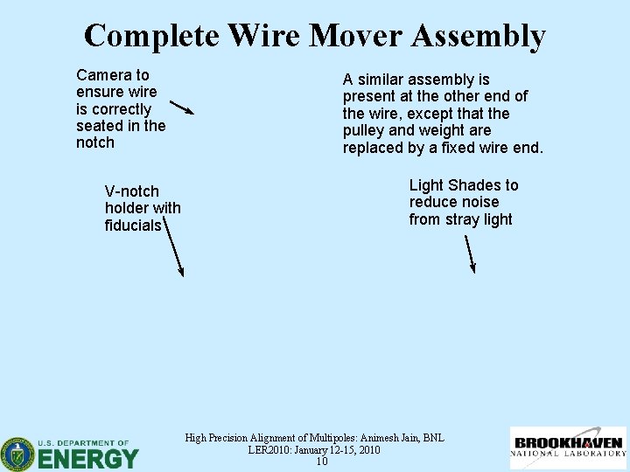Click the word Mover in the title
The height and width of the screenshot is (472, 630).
click(x=353, y=36)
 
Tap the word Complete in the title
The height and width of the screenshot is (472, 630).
click(x=154, y=36)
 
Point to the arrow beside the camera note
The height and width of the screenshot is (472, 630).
click(x=182, y=108)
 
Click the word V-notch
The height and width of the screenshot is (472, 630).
click(x=132, y=191)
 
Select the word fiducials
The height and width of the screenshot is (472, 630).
click(x=133, y=226)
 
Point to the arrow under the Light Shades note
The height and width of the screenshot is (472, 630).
click(x=470, y=253)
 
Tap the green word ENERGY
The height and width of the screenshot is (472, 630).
click(x=88, y=458)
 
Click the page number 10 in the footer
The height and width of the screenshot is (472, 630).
click(x=322, y=462)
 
